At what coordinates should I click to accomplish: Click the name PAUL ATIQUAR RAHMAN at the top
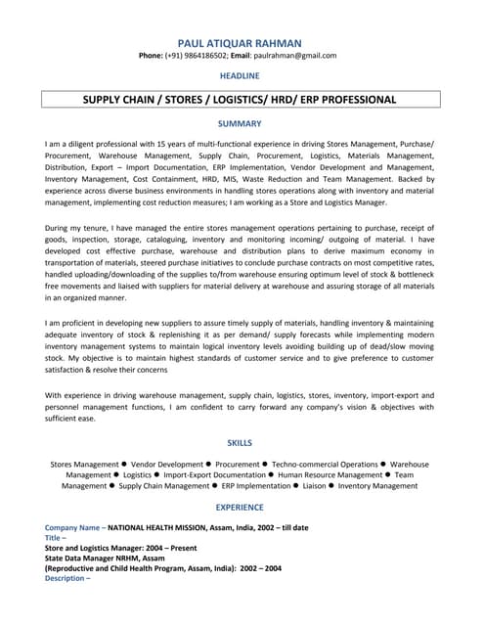tap(240, 43)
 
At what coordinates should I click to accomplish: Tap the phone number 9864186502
tap(198, 56)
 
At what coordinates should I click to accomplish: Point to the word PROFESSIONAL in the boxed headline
tap(353, 100)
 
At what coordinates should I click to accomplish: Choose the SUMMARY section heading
tap(240, 124)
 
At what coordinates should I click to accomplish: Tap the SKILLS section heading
tap(240, 443)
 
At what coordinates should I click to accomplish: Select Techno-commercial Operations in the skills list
tap(325, 465)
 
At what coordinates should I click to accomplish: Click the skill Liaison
tap(314, 486)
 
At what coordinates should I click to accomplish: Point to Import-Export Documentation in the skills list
tap(214, 475)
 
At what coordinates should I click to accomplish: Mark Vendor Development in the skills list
tap(167, 465)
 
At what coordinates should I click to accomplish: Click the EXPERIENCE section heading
tap(240, 508)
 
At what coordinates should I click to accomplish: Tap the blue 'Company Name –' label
tap(74, 527)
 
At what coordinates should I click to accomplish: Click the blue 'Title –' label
tap(56, 538)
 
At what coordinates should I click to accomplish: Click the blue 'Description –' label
tap(66, 578)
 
